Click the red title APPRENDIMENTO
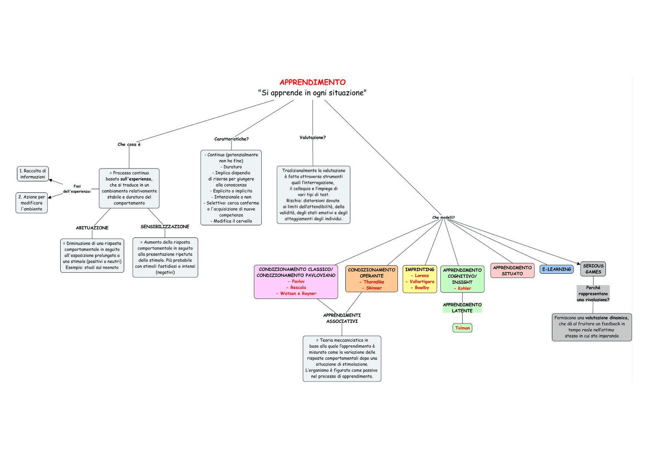point(312,82)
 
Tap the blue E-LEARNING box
point(556,270)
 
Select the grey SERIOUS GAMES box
point(593,269)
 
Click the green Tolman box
point(463,328)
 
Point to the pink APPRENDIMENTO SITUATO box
point(512,270)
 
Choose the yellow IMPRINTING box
point(420,279)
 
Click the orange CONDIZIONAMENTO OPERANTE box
point(372,279)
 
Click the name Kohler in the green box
point(462,288)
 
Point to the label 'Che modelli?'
point(443,218)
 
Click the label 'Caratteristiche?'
point(231,139)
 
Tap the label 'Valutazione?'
point(312,137)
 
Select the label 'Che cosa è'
point(129,144)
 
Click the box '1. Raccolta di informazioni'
point(33,174)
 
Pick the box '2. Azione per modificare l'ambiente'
point(32,203)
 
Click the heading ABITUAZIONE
point(92,228)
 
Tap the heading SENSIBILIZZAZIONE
point(165,227)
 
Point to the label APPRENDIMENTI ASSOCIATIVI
point(342,318)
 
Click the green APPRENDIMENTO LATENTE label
point(462,308)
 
